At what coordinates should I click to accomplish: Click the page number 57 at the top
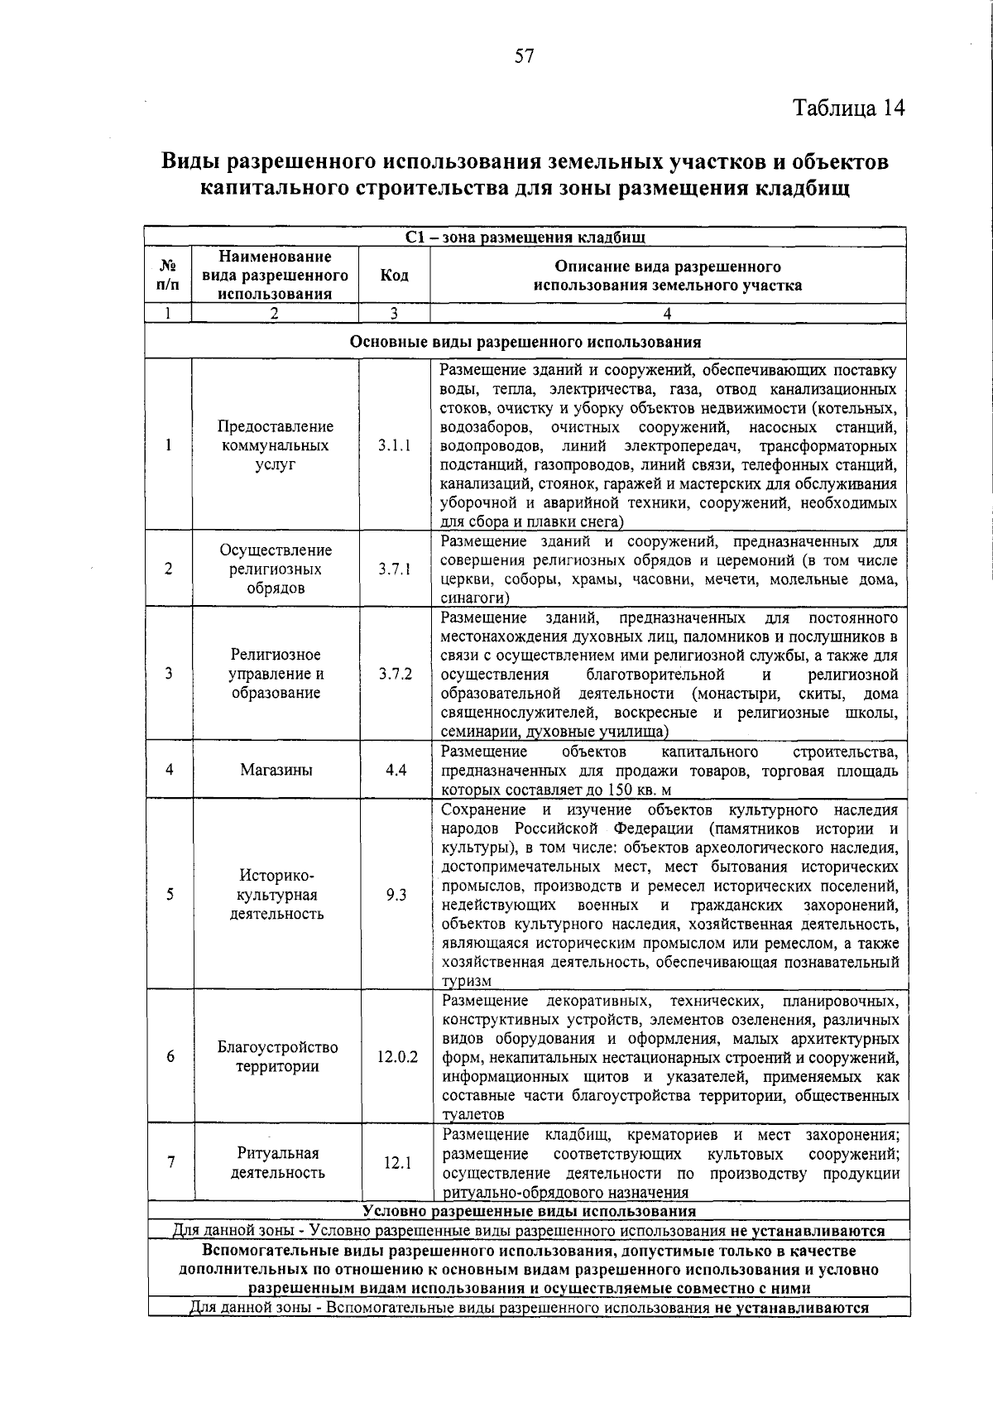525,56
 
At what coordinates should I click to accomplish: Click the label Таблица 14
849,108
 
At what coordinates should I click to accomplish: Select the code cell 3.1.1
395,445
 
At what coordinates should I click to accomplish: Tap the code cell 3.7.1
395,569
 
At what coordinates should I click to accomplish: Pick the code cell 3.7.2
396,674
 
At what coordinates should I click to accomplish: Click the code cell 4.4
396,770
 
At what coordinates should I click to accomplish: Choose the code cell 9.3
396,895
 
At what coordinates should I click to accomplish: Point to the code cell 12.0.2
397,1057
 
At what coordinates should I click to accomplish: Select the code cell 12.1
397,1163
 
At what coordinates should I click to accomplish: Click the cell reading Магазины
276,770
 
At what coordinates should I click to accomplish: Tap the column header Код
394,276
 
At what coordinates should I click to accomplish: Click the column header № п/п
168,276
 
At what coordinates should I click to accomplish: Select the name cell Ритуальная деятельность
277,1163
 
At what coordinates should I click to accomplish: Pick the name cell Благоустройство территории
277,1057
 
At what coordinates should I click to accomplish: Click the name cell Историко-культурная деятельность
277,895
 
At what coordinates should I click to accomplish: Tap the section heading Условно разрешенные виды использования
529,1212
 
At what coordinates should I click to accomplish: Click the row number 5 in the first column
170,895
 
